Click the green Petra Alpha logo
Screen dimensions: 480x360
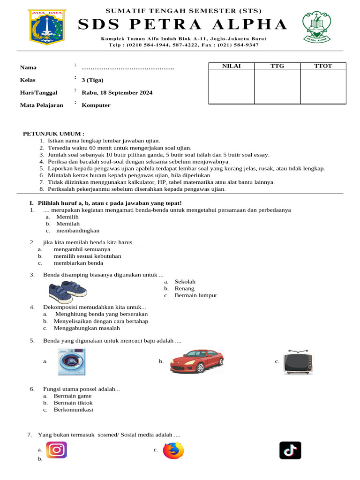pyautogui.click(x=316, y=27)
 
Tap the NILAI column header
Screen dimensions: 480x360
pyautogui.click(x=231, y=66)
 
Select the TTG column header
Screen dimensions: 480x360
pyautogui.click(x=277, y=66)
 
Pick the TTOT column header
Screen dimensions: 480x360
pyautogui.click(x=323, y=66)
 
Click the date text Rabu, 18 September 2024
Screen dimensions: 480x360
pyautogui.click(x=117, y=92)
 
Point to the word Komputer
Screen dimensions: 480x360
pyautogui.click(x=96, y=105)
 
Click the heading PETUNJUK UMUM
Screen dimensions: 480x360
pyautogui.click(x=54, y=134)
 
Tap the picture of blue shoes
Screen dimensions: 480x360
pyautogui.click(x=67, y=292)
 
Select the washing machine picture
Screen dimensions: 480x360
pyautogui.click(x=71, y=361)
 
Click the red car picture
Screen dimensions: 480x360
pyautogui.click(x=196, y=362)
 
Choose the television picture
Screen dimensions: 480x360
pyautogui.click(x=298, y=362)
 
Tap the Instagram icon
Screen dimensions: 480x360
pyautogui.click(x=56, y=450)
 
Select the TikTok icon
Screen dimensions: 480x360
pyautogui.click(x=290, y=450)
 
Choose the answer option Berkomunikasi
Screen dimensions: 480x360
pyautogui.click(x=73, y=410)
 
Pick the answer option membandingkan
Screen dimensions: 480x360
pyautogui.click(x=78, y=231)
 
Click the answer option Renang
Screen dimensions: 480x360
pyautogui.click(x=184, y=288)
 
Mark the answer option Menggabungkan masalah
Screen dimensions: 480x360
pyautogui.click(x=87, y=328)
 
